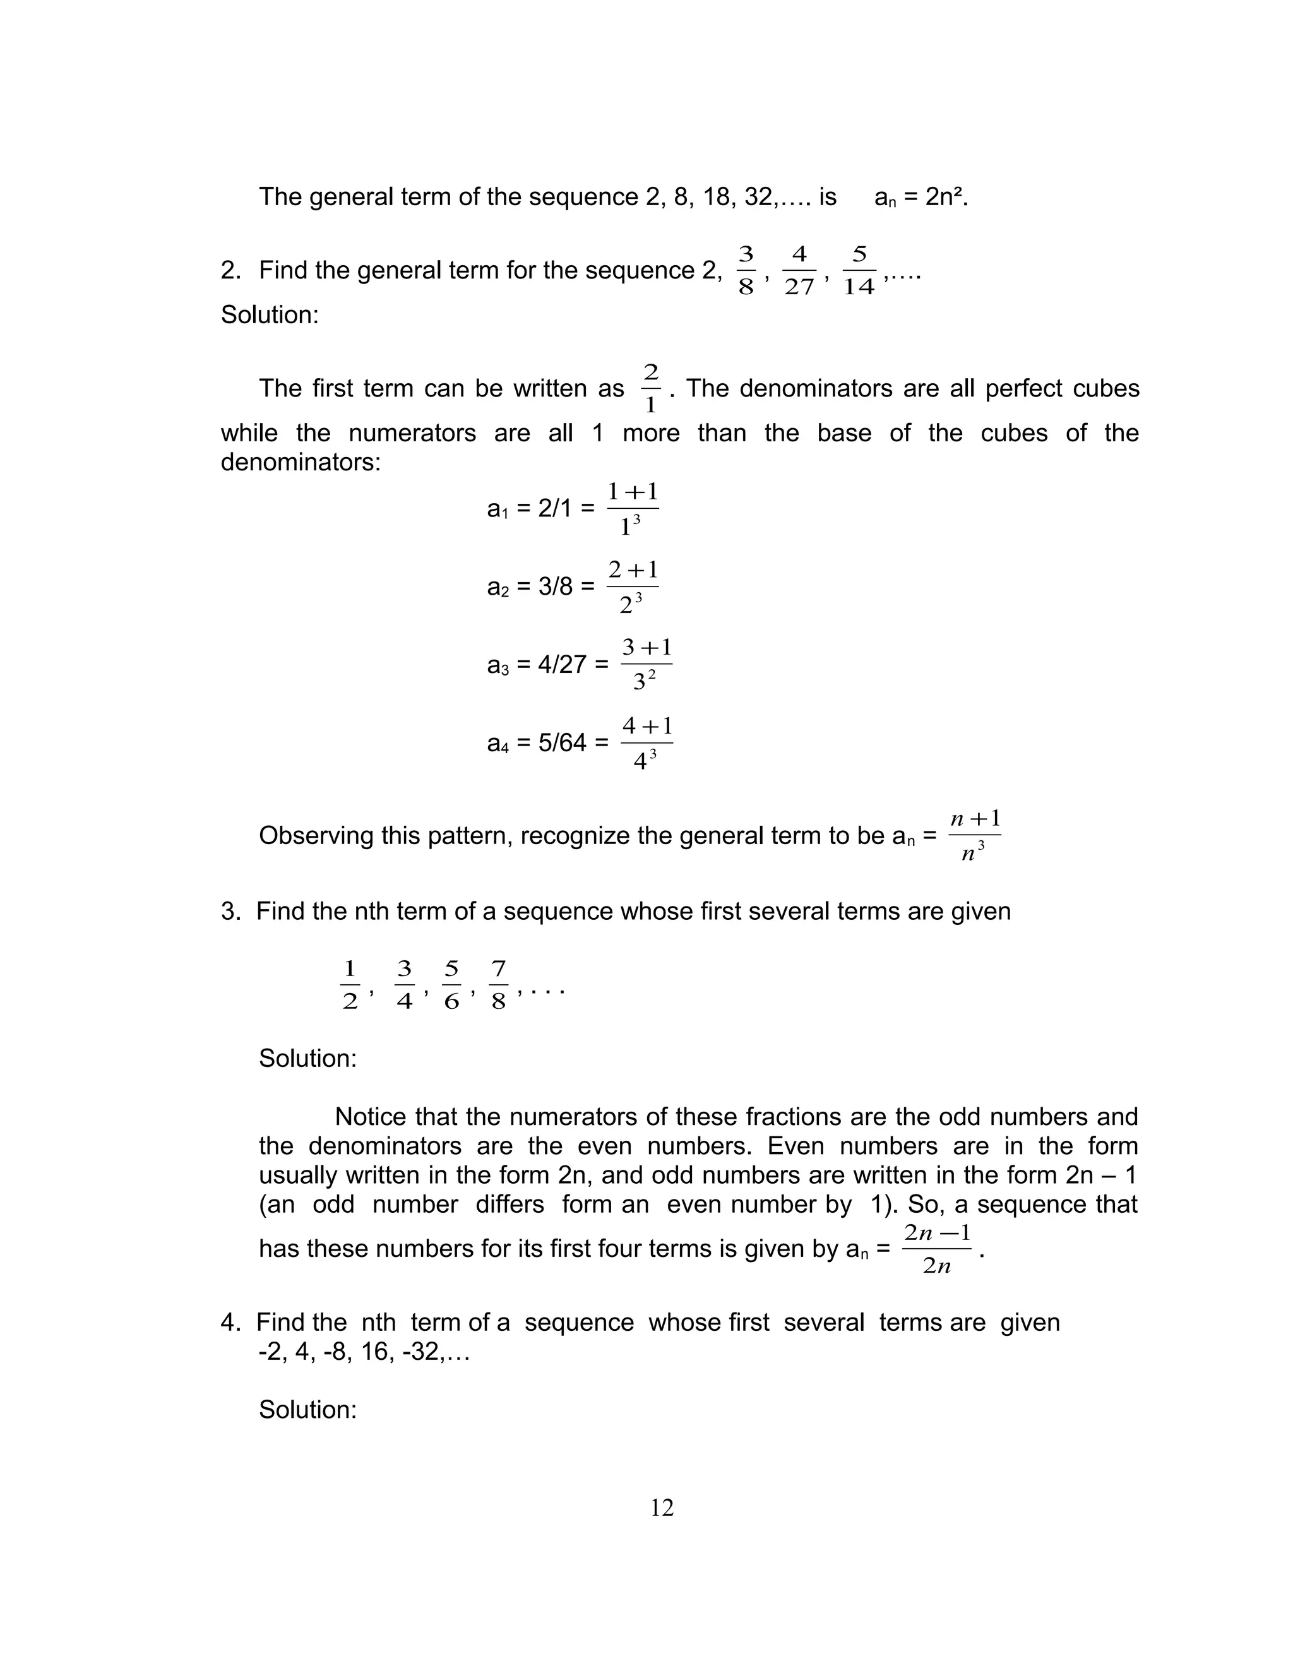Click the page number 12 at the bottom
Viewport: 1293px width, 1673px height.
[x=662, y=1508]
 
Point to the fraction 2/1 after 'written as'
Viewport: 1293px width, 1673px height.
[x=650, y=389]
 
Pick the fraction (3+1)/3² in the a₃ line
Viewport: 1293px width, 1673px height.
[x=646, y=664]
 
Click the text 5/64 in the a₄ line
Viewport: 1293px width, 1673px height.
[x=561, y=743]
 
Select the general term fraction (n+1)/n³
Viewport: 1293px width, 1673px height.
[x=974, y=836]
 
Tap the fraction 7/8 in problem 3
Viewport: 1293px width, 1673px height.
[x=499, y=985]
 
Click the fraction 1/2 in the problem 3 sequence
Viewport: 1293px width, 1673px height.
[x=350, y=985]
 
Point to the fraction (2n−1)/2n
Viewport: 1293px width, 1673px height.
[x=937, y=1249]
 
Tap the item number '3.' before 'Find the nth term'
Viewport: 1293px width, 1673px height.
[x=230, y=912]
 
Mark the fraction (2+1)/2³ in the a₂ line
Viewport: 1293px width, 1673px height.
[x=633, y=586]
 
